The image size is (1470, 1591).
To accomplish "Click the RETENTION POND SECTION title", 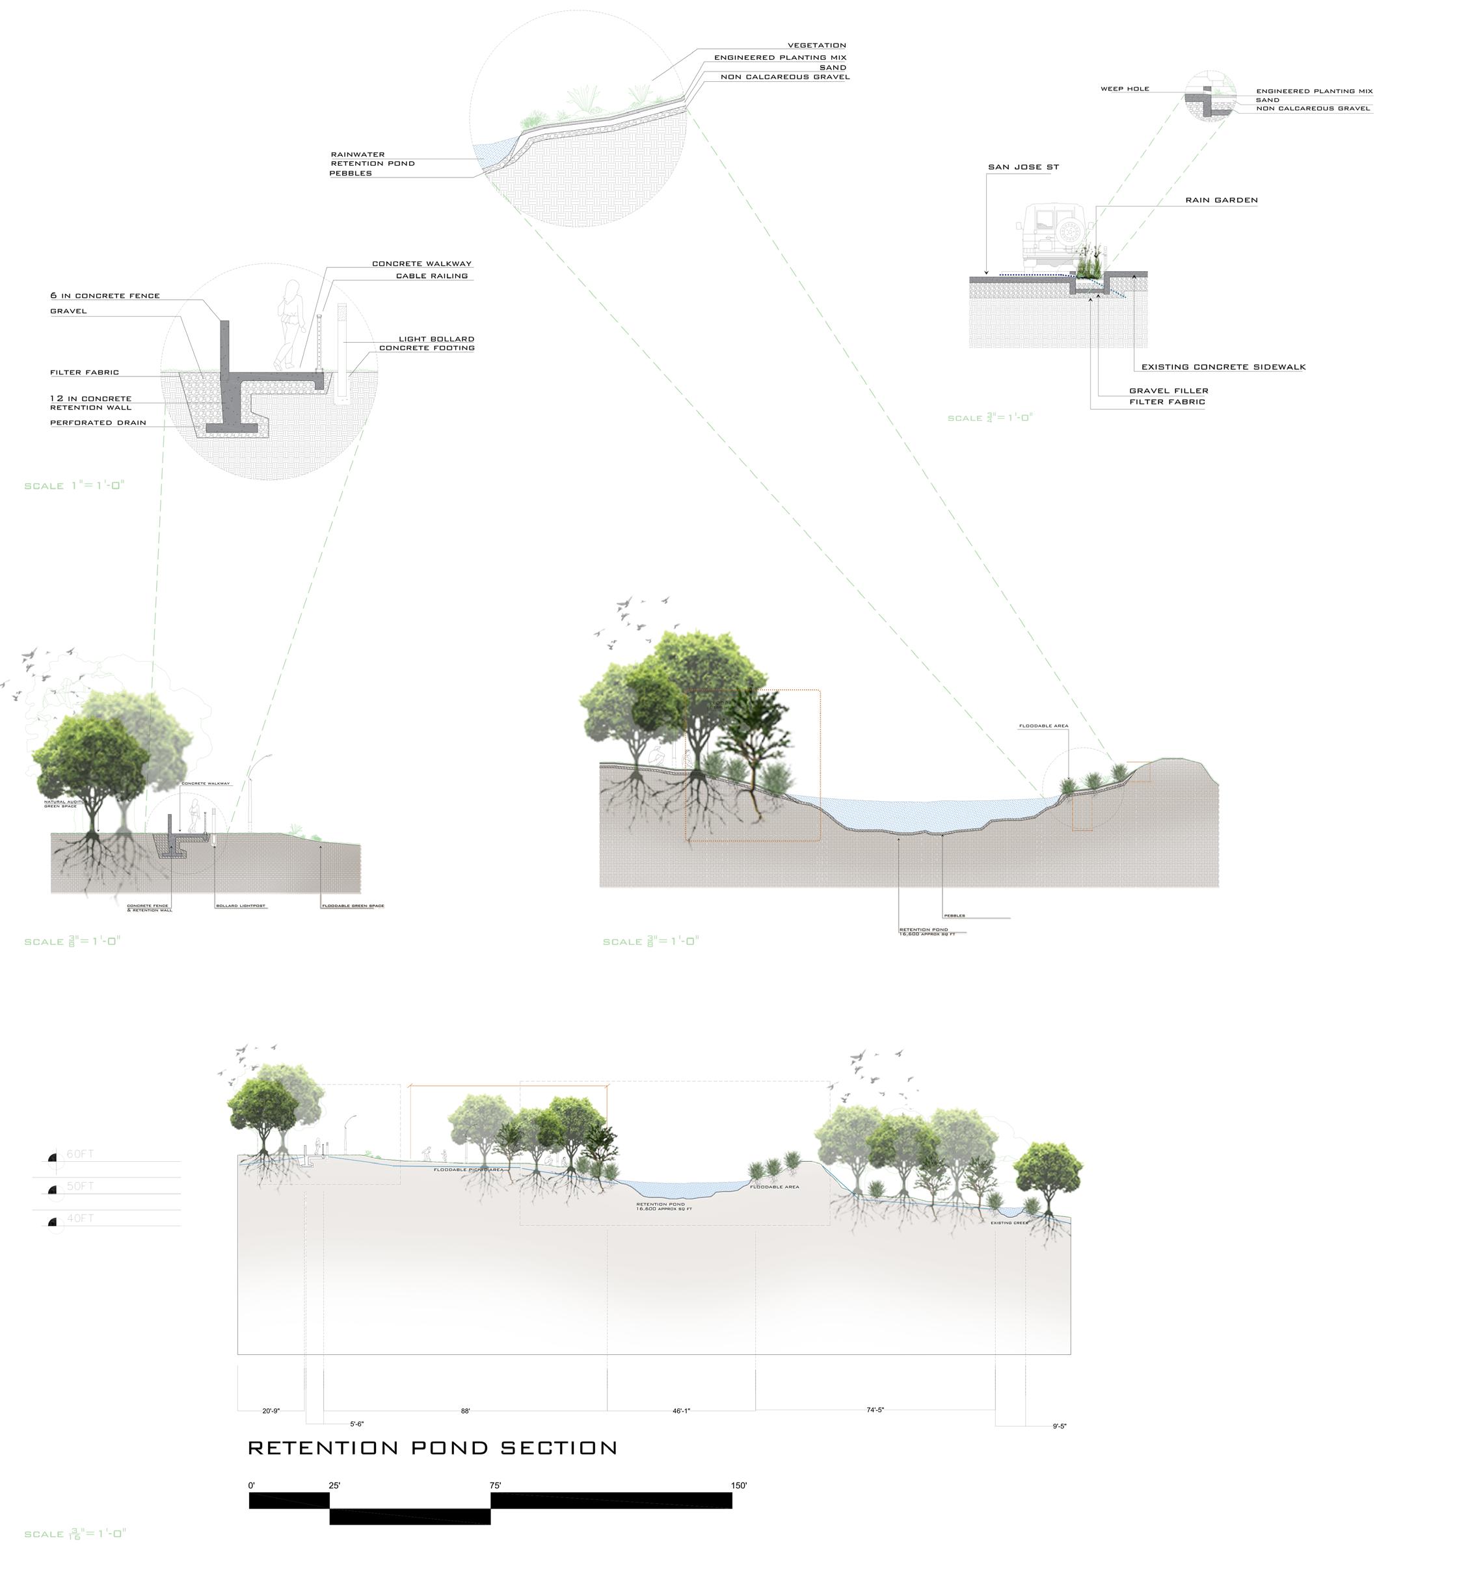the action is pyautogui.click(x=433, y=1448).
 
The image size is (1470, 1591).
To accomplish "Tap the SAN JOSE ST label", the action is pyautogui.click(x=1023, y=168).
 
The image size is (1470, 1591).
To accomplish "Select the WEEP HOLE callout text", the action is pyautogui.click(x=1125, y=89).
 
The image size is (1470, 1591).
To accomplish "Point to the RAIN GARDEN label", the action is pyautogui.click(x=1221, y=200).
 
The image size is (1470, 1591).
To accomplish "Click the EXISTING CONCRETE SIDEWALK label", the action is pyautogui.click(x=1223, y=367).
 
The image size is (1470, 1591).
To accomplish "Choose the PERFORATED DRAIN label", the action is pyautogui.click(x=98, y=423).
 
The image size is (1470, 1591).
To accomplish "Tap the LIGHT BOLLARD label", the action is pyautogui.click(x=436, y=339).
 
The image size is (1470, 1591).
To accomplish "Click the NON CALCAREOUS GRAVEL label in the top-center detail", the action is pyautogui.click(x=785, y=77).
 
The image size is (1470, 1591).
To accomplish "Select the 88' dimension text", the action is pyautogui.click(x=465, y=1412).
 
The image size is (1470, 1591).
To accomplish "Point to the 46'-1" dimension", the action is pyautogui.click(x=681, y=1412).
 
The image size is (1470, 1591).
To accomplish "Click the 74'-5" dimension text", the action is pyautogui.click(x=875, y=1410).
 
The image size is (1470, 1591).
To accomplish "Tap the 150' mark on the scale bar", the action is pyautogui.click(x=738, y=1485).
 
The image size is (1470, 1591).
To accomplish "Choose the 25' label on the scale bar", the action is pyautogui.click(x=335, y=1485).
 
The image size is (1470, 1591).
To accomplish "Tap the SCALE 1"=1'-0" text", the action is pyautogui.click(x=75, y=486).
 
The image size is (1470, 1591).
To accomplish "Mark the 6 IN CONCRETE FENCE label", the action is pyautogui.click(x=105, y=296).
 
